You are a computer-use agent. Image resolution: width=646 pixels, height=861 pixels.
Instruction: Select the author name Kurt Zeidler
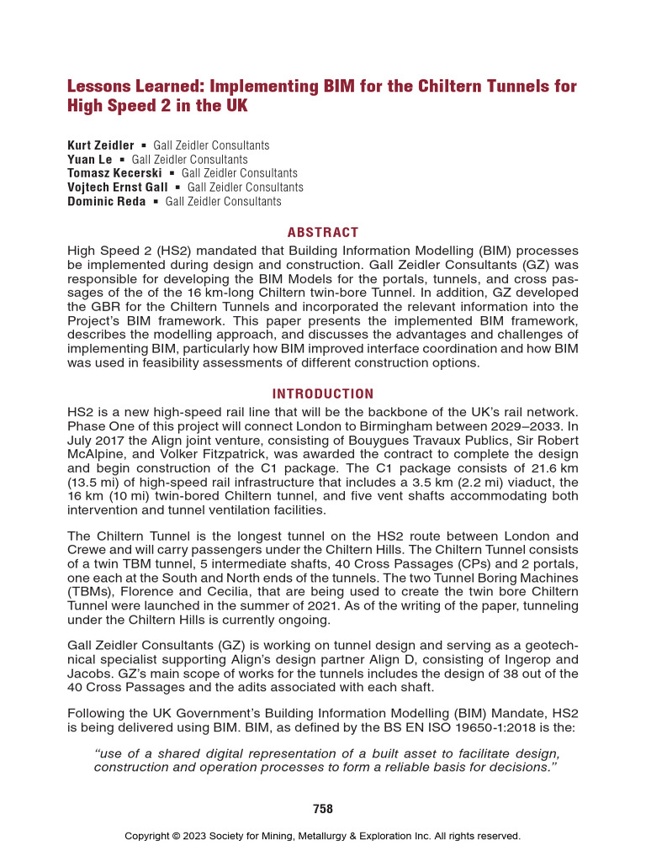[100, 145]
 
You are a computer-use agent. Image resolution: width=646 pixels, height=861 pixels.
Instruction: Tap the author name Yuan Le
[89, 159]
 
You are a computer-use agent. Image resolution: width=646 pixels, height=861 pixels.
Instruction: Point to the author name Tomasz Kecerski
[114, 173]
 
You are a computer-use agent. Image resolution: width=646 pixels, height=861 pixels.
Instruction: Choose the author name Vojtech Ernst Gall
[117, 187]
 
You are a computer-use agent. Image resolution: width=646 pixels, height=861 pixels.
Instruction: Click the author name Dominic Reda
[106, 201]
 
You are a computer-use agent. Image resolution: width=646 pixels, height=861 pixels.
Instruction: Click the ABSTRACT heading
[323, 232]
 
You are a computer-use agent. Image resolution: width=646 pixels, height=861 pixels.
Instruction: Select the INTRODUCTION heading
[323, 394]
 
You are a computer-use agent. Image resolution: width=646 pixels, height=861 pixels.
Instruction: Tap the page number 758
[323, 809]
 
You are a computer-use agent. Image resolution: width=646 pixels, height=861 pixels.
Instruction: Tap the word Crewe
[86, 550]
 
